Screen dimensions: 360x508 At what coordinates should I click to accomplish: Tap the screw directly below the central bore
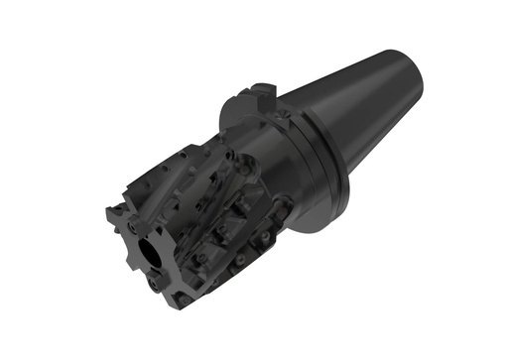pos(155,283)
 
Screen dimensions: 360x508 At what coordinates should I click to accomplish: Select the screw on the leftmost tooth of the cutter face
pos(116,220)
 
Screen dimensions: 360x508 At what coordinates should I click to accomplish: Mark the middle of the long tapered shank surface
pos(367,99)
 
